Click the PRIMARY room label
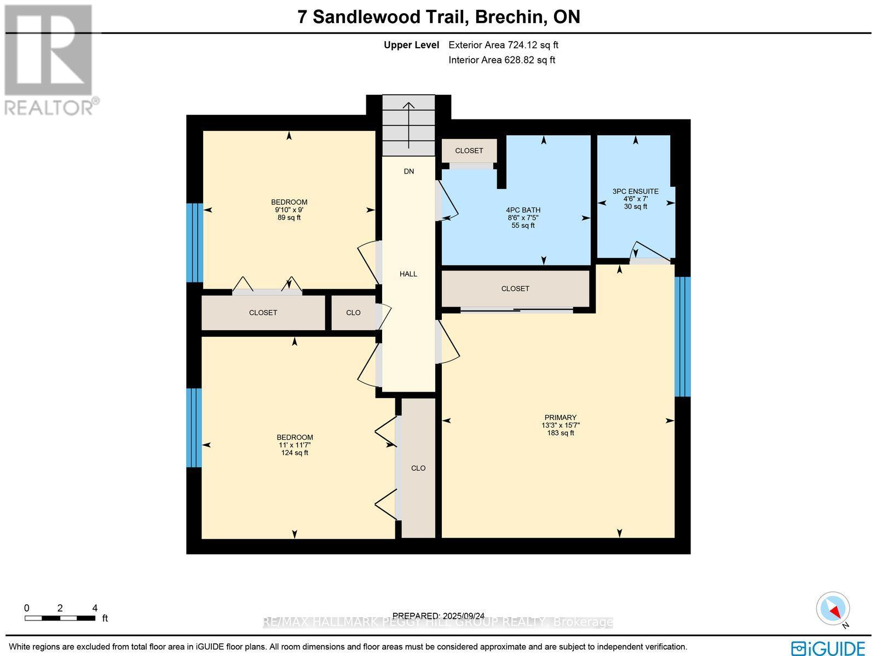pos(560,418)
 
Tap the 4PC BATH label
pos(523,210)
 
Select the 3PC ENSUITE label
pos(635,192)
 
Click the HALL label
pos(408,274)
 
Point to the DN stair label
pos(408,171)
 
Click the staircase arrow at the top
pos(408,125)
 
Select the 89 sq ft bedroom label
pos(289,210)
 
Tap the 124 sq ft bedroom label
pos(295,445)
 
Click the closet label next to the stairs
pos(469,151)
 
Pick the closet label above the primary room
pos(515,289)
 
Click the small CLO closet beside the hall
pos(353,313)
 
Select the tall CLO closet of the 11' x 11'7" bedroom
pos(418,468)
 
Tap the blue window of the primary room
pos(682,336)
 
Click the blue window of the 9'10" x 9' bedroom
pos(195,243)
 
